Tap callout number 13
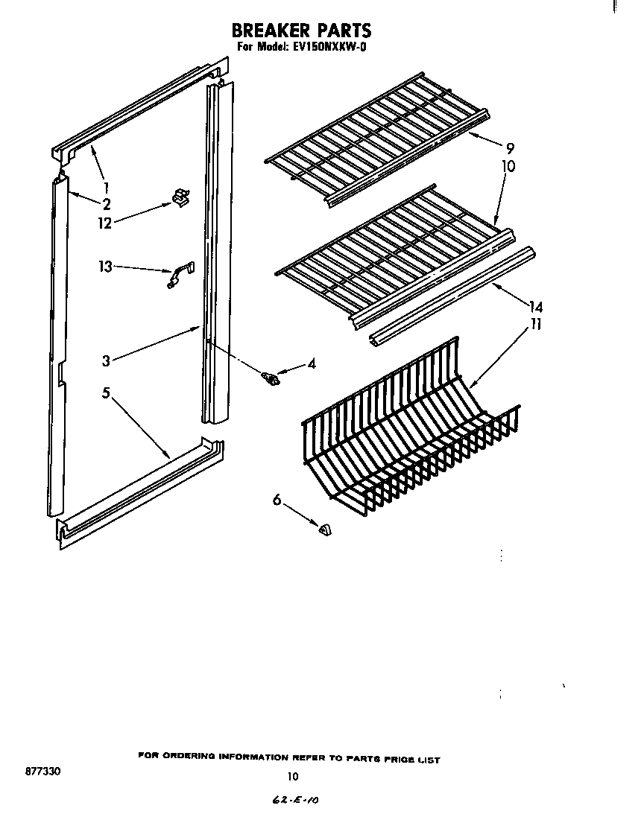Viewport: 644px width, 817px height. tap(105, 265)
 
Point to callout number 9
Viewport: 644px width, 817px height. tap(509, 147)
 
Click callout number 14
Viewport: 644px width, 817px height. tap(535, 306)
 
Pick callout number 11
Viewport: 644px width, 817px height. tap(536, 324)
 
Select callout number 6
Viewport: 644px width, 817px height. tap(277, 501)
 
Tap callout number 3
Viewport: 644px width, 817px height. tap(107, 361)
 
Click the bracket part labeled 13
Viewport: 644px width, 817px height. tap(178, 273)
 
